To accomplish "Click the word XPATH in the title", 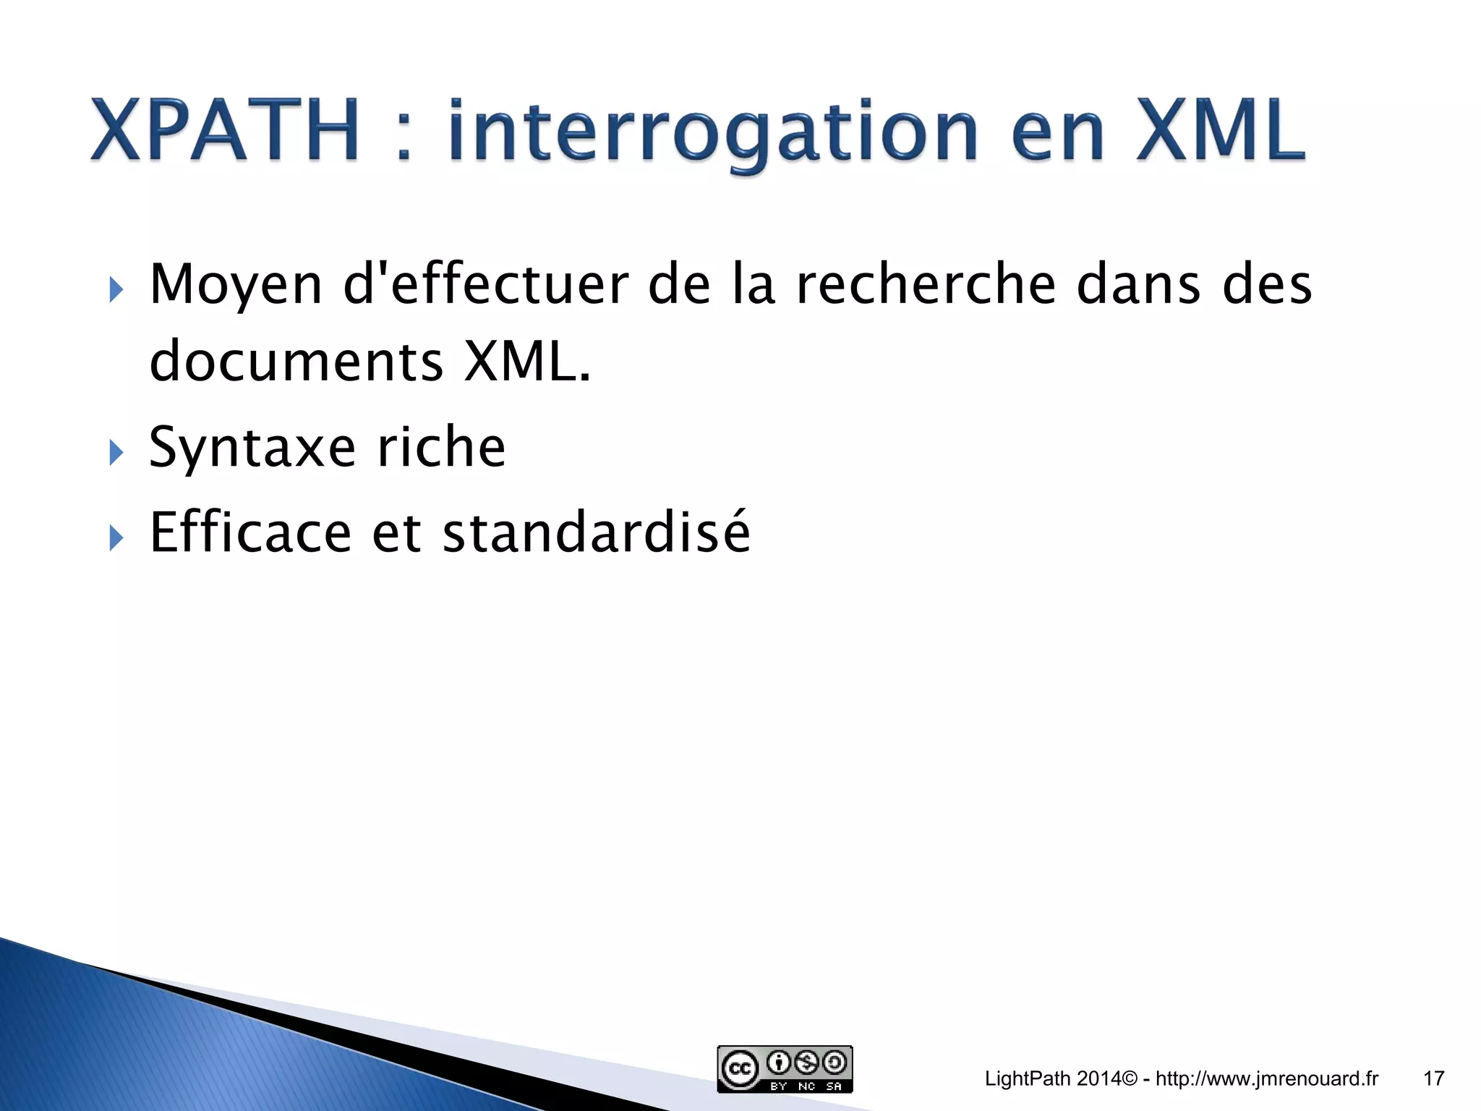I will click(x=225, y=130).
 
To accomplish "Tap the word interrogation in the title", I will click(x=713, y=134).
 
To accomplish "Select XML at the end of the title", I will click(x=1221, y=130).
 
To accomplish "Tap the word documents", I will click(x=296, y=362).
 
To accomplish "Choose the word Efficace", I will click(x=250, y=533).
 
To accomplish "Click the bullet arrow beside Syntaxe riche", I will click(x=116, y=453).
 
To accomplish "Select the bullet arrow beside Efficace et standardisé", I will click(x=116, y=538).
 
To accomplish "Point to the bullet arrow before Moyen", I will click(x=116, y=291).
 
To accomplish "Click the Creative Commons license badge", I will click(x=785, y=1069).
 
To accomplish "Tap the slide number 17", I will click(x=1433, y=1079).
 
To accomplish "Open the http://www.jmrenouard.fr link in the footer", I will click(x=1267, y=1079).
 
